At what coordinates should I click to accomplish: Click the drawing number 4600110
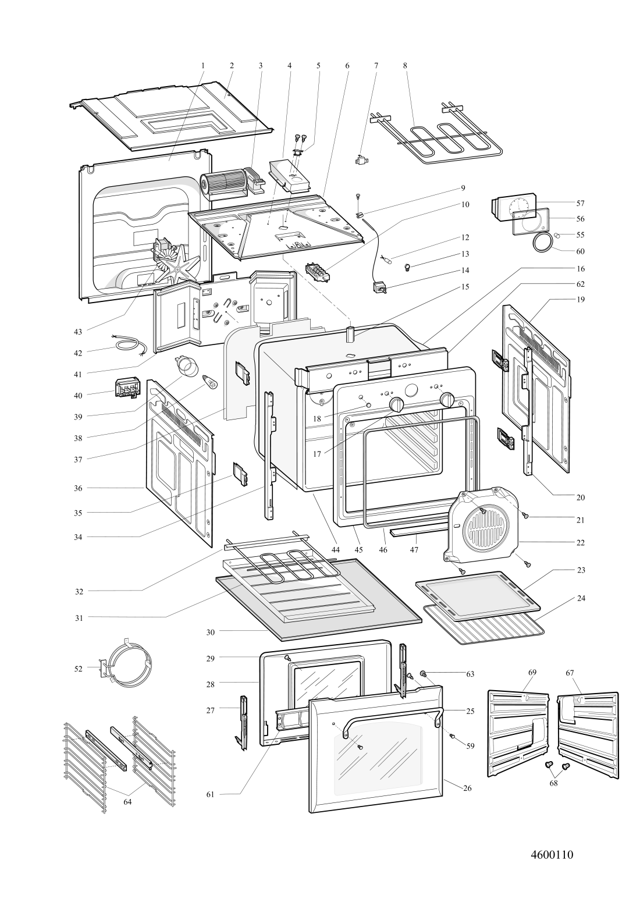point(552,855)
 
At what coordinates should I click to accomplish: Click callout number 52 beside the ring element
point(78,669)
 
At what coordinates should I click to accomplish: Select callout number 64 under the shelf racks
point(127,801)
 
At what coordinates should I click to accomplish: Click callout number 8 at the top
point(405,66)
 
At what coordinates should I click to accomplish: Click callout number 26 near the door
point(467,788)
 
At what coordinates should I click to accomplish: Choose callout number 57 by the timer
point(580,203)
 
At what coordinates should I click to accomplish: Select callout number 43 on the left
point(78,331)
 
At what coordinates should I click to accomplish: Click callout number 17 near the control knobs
point(317,453)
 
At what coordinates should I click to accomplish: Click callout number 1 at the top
point(202,66)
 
